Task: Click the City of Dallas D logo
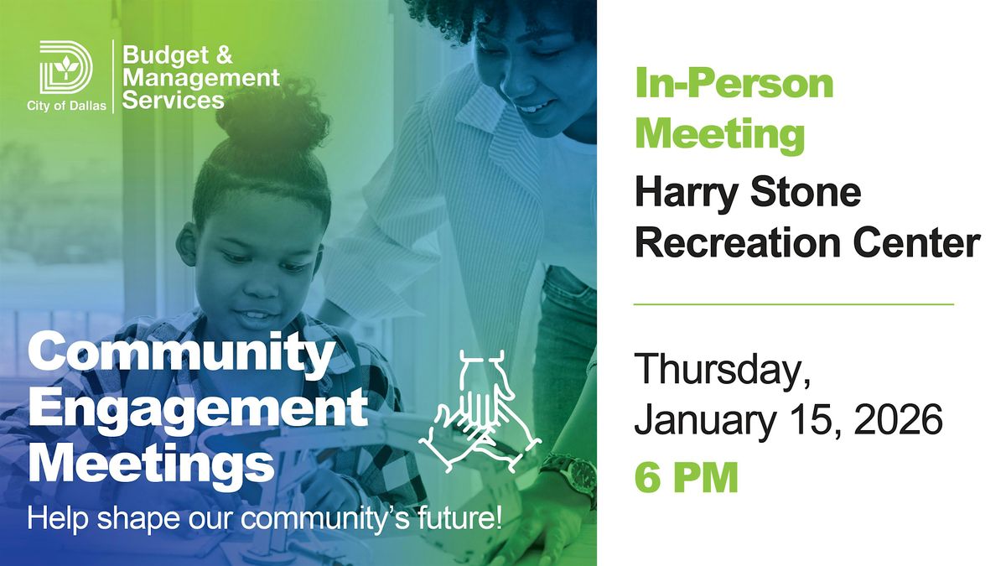(x=65, y=67)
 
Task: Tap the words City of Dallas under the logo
(x=66, y=106)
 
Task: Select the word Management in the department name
(x=201, y=78)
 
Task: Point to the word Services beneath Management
(x=174, y=99)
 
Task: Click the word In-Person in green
(x=734, y=83)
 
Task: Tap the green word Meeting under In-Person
(x=720, y=134)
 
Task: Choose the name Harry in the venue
(x=687, y=194)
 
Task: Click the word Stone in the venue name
(x=806, y=192)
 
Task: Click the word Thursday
(x=723, y=370)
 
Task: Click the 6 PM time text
(x=687, y=477)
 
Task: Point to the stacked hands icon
(x=480, y=411)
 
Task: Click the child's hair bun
(x=271, y=121)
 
